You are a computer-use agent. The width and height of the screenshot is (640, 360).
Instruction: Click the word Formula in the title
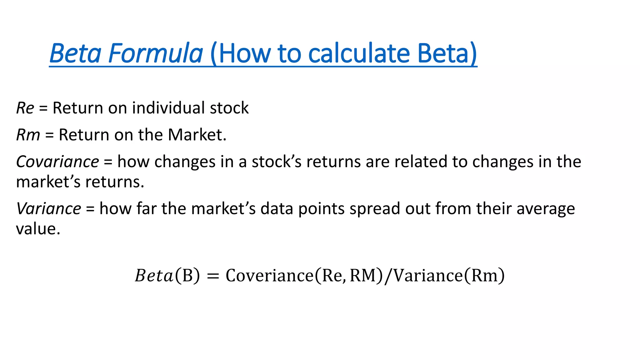tap(156, 53)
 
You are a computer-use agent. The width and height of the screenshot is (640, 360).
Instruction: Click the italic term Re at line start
tap(25, 108)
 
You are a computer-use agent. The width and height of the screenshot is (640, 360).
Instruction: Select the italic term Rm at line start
tap(28, 135)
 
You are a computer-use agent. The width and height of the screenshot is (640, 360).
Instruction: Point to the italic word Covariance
tap(57, 162)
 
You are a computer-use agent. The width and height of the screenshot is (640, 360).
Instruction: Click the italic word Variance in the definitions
tap(49, 209)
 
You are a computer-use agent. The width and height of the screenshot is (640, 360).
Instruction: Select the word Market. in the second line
tap(197, 135)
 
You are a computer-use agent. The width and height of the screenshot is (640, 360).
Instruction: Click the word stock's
tap(277, 162)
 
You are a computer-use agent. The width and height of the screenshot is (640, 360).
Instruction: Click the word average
tap(546, 209)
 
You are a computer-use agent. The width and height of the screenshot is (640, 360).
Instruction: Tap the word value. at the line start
tap(38, 229)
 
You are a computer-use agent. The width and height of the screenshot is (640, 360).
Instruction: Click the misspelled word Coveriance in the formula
tap(269, 276)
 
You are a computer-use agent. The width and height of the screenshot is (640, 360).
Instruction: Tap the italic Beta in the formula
tap(154, 276)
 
